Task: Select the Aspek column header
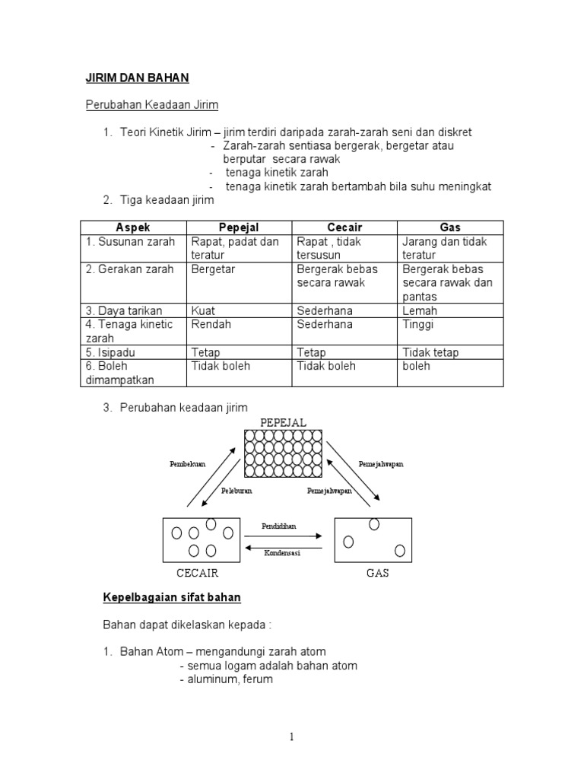point(134,227)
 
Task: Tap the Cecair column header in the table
point(344,227)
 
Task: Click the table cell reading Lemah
point(419,310)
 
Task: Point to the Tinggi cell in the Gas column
point(418,324)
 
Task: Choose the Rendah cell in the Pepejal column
point(211,324)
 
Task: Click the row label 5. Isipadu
point(115,352)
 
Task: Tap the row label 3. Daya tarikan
point(124,310)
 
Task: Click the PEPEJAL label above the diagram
point(283,421)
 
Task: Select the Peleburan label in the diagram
point(237,491)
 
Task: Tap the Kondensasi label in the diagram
point(282,553)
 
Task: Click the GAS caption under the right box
point(377,573)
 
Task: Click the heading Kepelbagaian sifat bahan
point(172,598)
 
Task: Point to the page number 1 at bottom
point(291,736)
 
